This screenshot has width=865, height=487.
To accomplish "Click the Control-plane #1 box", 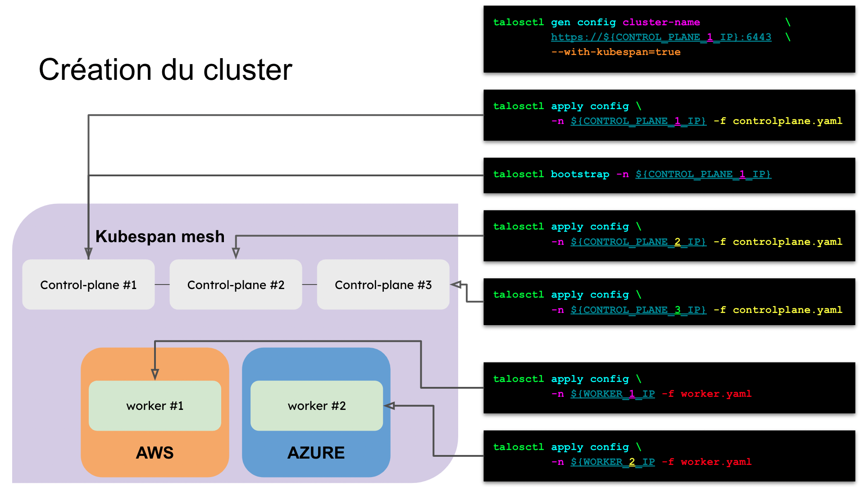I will (88, 285).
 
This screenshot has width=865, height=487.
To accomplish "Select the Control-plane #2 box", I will (236, 285).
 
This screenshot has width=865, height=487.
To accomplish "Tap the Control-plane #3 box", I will (383, 285).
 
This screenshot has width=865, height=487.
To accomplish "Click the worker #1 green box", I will (155, 405).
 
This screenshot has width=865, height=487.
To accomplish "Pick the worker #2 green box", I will (317, 405).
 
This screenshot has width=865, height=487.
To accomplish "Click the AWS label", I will (155, 452).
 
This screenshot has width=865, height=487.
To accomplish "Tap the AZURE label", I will (316, 452).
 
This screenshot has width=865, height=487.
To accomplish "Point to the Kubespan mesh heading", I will (160, 236).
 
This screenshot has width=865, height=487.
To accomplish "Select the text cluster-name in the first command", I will (661, 22).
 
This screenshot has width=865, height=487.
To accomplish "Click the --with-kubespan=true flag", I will (615, 52).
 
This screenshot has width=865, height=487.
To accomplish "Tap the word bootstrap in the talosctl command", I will (580, 174).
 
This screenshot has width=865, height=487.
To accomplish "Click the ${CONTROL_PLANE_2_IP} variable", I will (638, 242).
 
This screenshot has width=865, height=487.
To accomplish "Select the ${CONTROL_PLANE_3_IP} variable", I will (638, 310).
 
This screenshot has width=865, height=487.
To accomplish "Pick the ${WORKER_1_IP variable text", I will (613, 394).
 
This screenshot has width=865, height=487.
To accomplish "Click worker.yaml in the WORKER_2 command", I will (716, 462).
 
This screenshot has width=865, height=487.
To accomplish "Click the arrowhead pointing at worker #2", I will (389, 406).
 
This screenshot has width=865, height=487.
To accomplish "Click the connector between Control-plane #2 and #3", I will (310, 285).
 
